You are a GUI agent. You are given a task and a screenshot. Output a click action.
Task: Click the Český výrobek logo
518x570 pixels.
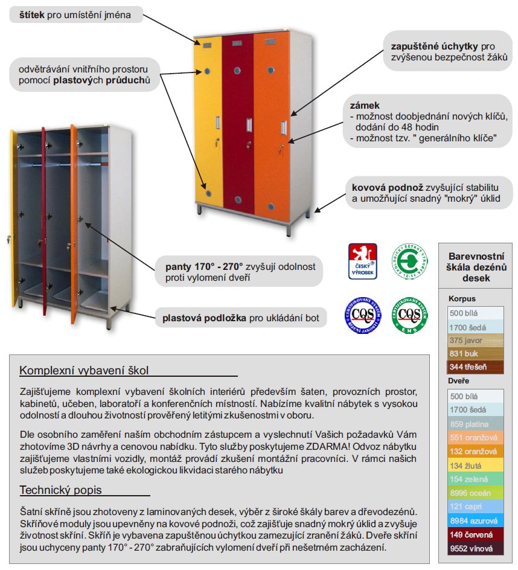pyautogui.click(x=363, y=261)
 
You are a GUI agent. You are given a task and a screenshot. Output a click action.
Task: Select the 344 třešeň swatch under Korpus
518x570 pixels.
pyautogui.click(x=475, y=367)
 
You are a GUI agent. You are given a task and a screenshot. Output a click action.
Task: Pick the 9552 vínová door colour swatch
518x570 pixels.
pyautogui.click(x=475, y=549)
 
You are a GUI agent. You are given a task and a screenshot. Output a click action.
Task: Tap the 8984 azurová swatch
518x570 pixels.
pyautogui.click(x=475, y=520)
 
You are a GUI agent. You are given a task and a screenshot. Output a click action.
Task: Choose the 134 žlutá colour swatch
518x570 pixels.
pyautogui.click(x=475, y=466)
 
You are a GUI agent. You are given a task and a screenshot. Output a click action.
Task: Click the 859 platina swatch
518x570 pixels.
pyautogui.click(x=475, y=424)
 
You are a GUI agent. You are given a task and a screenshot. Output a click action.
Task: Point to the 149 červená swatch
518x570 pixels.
pyautogui.click(x=475, y=535)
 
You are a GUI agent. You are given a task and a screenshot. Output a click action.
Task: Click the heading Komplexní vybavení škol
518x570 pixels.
pyautogui.click(x=84, y=370)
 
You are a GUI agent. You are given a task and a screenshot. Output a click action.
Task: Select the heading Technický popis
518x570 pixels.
pyautogui.click(x=60, y=490)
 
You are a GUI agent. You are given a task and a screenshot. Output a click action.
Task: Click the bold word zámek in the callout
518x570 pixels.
pyautogui.click(x=361, y=105)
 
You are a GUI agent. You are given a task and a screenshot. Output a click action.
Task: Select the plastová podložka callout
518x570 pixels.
pyautogui.click(x=241, y=318)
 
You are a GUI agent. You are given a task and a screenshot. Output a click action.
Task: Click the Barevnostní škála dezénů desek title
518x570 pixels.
pyautogui.click(x=476, y=266)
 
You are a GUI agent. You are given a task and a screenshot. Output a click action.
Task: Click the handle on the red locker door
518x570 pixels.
pyautogui.click(x=248, y=125)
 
